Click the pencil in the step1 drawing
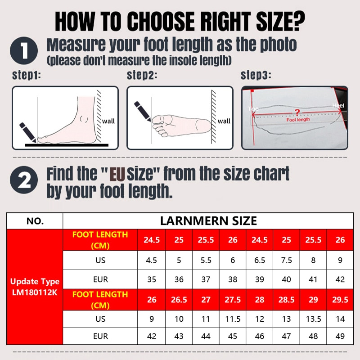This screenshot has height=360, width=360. (x=27, y=131)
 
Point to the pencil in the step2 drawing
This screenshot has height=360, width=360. (x=143, y=111)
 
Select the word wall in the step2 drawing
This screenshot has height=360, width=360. (x=224, y=121)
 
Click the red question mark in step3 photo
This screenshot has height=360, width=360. (x=296, y=112)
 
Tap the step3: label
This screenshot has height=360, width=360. (x=255, y=75)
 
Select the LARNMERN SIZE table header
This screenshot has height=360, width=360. (x=208, y=220)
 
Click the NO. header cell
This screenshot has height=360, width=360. (x=35, y=221)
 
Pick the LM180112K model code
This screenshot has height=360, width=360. (x=35, y=292)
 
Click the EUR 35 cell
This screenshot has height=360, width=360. (x=152, y=279)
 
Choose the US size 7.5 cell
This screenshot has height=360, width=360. (x=286, y=260)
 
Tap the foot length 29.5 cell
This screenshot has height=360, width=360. (x=340, y=299)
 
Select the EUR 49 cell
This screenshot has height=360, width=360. (x=340, y=336)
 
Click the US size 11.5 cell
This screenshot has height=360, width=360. (x=233, y=319)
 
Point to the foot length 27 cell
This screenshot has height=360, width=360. (x=206, y=299)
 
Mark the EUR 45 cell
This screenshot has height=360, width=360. (x=233, y=336)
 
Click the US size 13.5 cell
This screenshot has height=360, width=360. (x=313, y=319)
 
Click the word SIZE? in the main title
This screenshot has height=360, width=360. (x=275, y=21)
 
